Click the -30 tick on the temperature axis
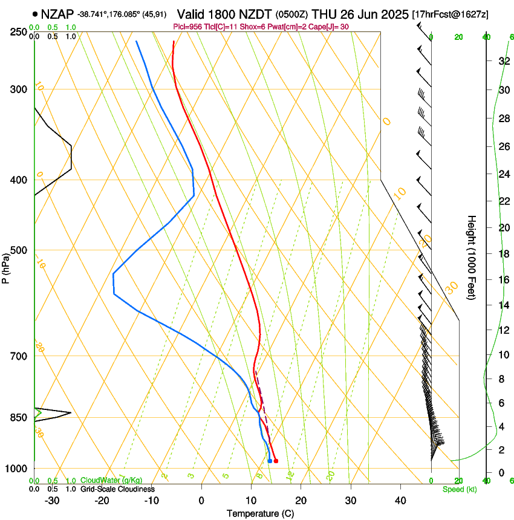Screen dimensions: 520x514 52,500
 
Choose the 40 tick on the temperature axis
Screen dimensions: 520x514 400,500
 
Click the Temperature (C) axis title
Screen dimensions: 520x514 260,513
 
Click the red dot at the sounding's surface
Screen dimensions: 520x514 276,461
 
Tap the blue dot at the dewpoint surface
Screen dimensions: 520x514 270,461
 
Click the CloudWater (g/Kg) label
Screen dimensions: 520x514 111,480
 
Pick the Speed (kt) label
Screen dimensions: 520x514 459,489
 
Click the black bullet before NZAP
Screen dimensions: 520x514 35,14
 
